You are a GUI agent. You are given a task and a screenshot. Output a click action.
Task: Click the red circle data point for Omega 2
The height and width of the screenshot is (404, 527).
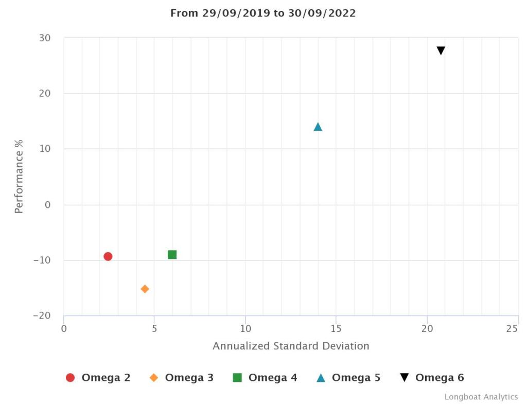[x=108, y=256]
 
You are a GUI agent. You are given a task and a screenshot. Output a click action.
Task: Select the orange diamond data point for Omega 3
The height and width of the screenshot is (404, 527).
[x=145, y=289]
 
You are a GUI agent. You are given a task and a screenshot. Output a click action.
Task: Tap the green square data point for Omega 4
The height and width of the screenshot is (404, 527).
[x=172, y=255]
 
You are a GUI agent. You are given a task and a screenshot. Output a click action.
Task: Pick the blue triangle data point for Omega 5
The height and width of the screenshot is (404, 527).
[x=318, y=127]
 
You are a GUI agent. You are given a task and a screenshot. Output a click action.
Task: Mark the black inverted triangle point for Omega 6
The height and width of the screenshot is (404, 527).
[x=441, y=50]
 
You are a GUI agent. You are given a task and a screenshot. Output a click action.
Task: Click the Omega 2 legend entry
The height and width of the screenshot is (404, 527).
[x=98, y=378]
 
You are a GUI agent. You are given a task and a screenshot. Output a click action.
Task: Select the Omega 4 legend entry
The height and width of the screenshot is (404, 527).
[x=265, y=378]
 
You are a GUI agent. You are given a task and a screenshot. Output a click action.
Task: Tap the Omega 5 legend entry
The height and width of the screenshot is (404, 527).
[x=348, y=378]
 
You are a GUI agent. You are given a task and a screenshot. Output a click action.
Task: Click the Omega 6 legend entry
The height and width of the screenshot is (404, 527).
[x=432, y=378]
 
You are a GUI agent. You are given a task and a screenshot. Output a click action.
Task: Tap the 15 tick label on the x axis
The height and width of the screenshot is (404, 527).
[x=336, y=328]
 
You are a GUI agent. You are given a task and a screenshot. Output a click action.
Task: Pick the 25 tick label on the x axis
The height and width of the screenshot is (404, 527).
[x=512, y=328]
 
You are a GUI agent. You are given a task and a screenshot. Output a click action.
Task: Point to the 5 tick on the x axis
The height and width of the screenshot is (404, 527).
[x=154, y=328]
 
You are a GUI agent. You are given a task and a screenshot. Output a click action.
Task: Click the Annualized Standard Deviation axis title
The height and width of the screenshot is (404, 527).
[x=291, y=346]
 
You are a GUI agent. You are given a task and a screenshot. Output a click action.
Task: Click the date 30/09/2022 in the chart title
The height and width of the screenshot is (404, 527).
[x=322, y=13]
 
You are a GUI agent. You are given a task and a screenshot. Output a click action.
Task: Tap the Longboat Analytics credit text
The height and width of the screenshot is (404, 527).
[x=481, y=397]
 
